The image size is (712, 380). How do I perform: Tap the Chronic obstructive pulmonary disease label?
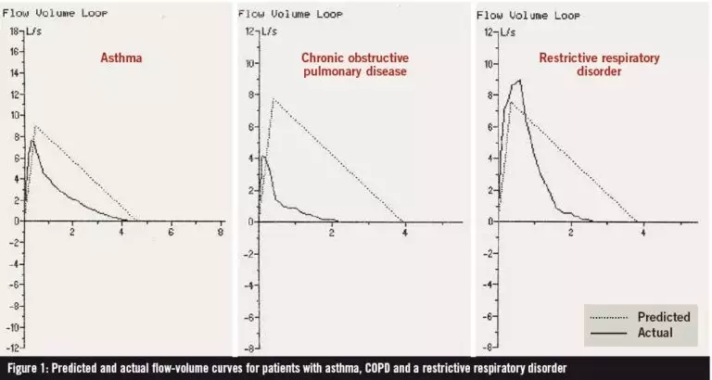click(x=354, y=64)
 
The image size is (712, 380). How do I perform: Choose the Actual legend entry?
click(x=650, y=332)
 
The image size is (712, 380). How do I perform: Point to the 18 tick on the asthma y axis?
click(x=13, y=32)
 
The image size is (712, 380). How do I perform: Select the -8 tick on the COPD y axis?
click(x=249, y=348)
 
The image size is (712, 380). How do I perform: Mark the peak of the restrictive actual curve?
click(x=520, y=80)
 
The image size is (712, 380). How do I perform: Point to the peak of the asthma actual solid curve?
click(x=32, y=140)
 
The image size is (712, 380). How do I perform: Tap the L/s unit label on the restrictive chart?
click(x=508, y=32)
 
